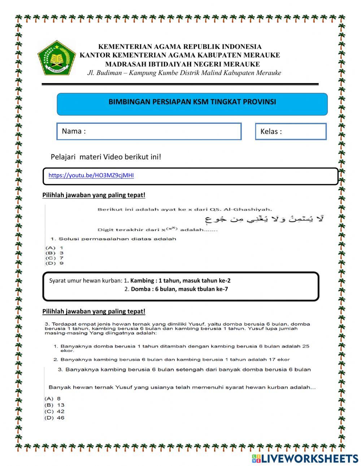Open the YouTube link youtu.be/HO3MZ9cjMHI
(91, 175)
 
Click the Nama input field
(149, 131)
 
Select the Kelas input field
(291, 131)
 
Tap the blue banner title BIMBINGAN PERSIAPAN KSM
(192, 102)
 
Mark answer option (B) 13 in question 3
(55, 405)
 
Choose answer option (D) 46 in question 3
(55, 418)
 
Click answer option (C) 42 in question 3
(55, 411)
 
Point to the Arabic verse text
(264, 219)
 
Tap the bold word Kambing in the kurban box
(142, 280)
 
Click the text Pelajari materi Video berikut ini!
(106, 157)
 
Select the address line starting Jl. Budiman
(184, 73)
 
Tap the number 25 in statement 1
(305, 346)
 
